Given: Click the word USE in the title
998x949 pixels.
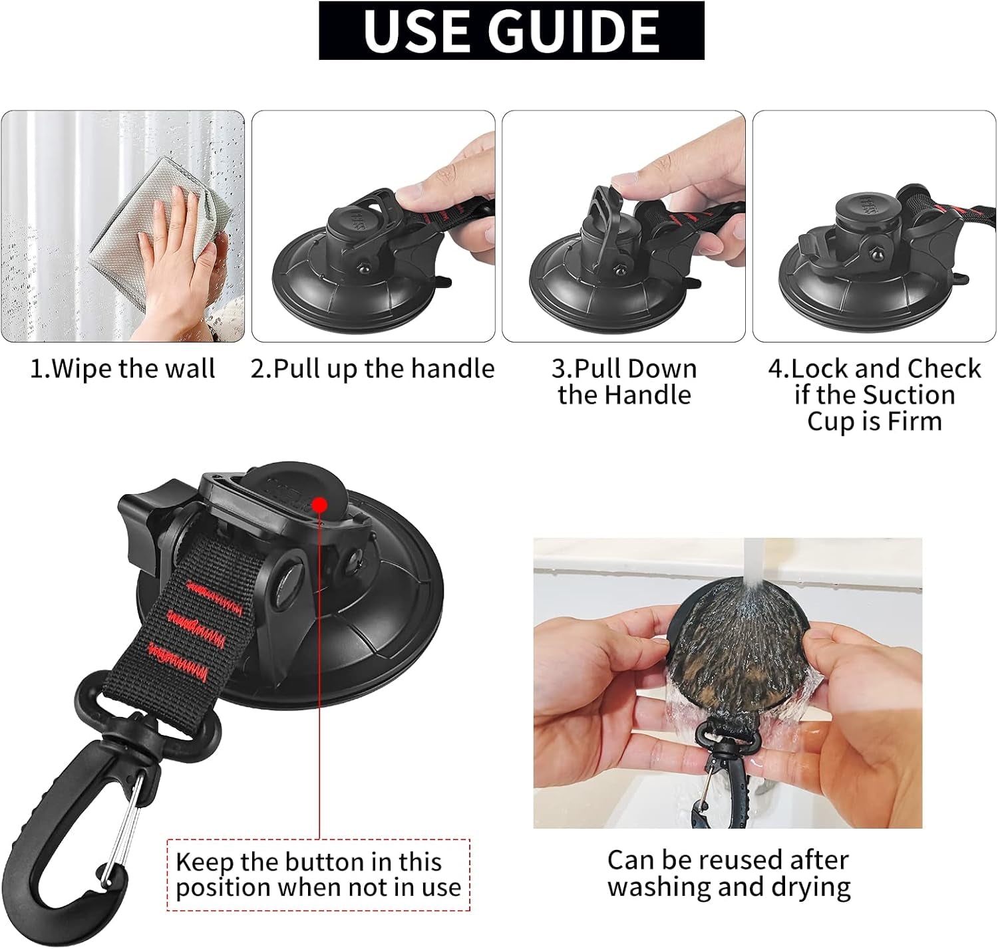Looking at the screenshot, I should [x=415, y=31].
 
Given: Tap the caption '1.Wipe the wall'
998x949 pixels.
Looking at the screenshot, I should [x=123, y=368].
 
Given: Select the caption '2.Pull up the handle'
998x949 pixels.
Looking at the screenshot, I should [x=373, y=368].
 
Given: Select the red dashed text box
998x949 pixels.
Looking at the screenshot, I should [x=318, y=875].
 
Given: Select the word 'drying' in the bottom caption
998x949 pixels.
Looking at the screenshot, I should [x=810, y=887].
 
